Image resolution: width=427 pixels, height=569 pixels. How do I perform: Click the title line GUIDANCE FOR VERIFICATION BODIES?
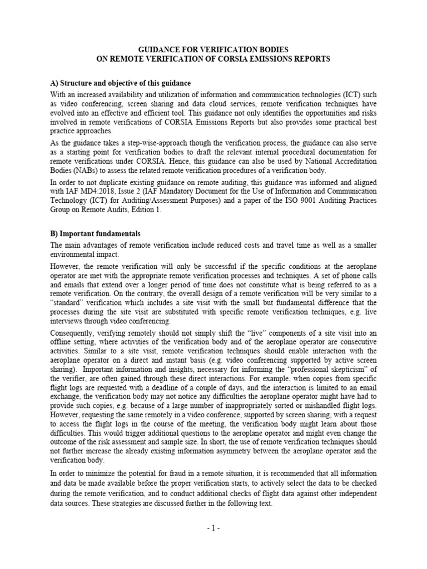(x=213, y=49)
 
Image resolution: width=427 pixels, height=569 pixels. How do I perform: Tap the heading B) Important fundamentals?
(x=95, y=233)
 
